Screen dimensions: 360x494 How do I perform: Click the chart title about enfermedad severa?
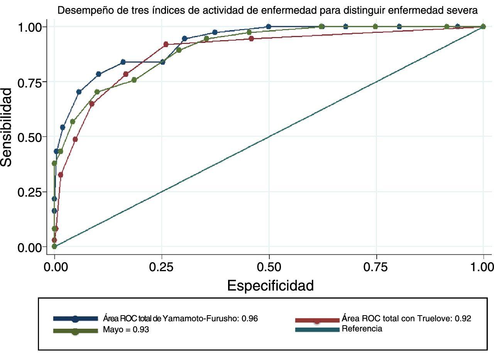[267, 11]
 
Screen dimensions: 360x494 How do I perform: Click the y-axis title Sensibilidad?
[7, 127]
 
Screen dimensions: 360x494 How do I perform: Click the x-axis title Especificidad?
[270, 286]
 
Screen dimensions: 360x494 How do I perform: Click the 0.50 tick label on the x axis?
[269, 267]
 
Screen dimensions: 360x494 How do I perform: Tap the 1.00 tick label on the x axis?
[482, 267]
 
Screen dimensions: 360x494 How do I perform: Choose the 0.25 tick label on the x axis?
[162, 267]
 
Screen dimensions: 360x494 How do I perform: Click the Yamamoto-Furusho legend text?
[180, 319]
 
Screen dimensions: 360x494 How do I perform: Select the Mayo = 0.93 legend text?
[126, 330]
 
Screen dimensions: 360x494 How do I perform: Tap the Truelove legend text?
[406, 319]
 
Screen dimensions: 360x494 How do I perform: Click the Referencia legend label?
[362, 329]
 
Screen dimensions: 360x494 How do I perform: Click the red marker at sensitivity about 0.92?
[166, 44]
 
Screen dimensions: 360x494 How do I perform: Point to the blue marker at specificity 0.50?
[269, 27]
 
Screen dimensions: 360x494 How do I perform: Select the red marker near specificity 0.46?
[251, 39]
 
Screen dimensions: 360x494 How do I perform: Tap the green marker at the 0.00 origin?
[54, 246]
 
